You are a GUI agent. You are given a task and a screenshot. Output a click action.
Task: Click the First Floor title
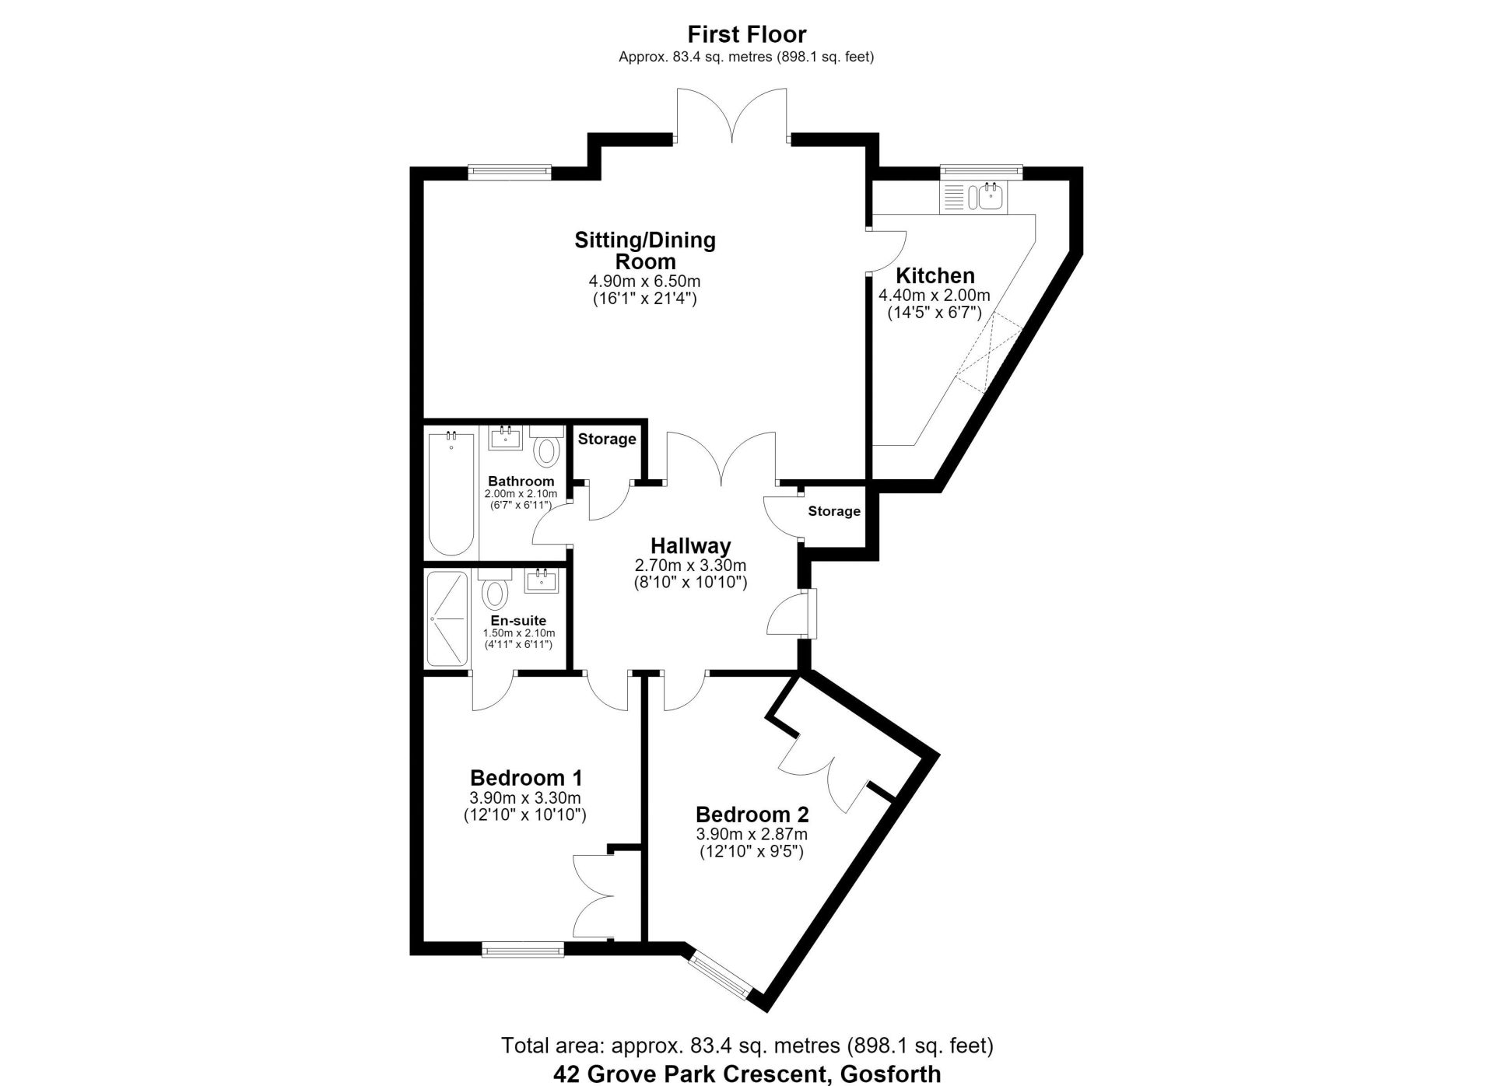(746, 34)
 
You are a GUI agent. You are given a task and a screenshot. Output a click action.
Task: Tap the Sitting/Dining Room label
(645, 250)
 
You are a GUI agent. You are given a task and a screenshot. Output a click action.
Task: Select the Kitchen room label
(935, 275)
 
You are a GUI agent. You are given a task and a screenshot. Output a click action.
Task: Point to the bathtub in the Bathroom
(451, 494)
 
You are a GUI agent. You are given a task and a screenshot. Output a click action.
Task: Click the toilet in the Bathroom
(548, 447)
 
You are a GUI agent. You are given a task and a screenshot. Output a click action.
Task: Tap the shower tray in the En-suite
(447, 618)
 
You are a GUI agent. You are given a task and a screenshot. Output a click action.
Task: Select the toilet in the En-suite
(494, 589)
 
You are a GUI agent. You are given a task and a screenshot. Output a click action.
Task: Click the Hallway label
(690, 546)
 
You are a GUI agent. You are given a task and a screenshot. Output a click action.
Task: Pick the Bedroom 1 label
(526, 778)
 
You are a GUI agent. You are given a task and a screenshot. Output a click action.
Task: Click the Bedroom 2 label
(752, 814)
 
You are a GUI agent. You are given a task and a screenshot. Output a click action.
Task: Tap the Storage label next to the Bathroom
(607, 439)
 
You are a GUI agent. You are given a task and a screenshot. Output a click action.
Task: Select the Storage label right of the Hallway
(834, 511)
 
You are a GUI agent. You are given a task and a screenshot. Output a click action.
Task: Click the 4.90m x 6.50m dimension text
(644, 281)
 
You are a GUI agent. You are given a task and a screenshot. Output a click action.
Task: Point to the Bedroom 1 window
(522, 949)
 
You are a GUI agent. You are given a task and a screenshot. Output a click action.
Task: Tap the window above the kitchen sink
(980, 171)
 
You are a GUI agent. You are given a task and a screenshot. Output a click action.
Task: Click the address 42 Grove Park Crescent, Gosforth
(746, 1074)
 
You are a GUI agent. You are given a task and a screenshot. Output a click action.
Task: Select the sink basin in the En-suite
(542, 580)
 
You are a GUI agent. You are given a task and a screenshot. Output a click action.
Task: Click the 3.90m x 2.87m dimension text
(752, 834)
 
